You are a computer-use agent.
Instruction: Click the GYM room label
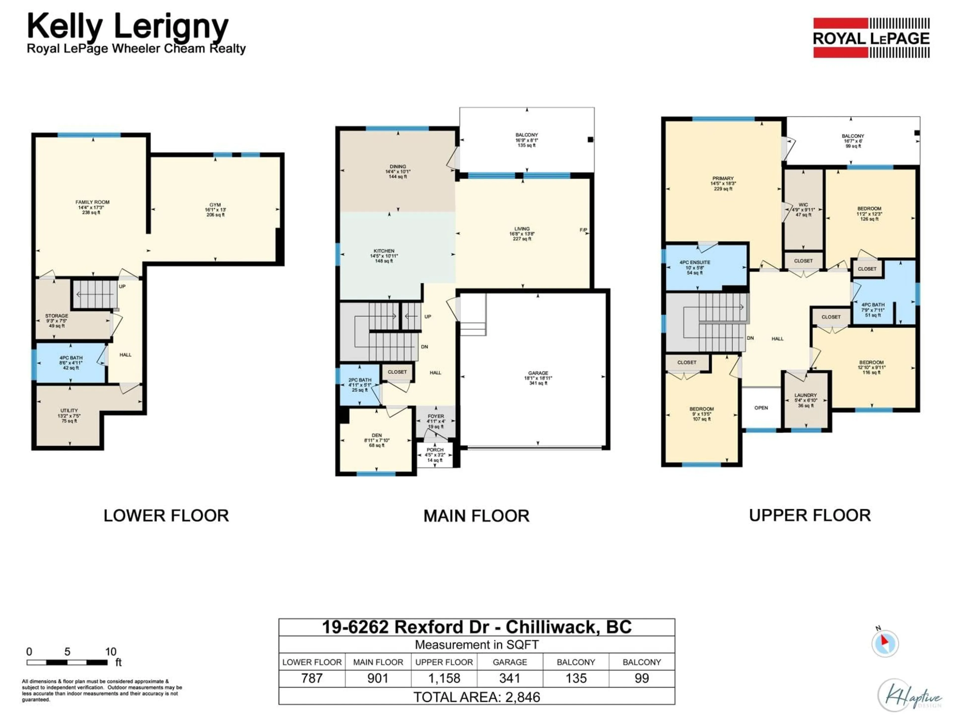coord(215,205)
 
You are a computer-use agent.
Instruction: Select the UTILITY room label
coord(69,411)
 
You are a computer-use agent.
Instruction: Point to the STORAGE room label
coord(56,316)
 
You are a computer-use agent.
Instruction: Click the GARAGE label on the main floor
coord(538,373)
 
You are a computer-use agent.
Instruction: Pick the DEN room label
coord(376,435)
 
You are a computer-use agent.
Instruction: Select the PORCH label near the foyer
coord(435,450)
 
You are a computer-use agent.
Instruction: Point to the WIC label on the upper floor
coord(803,205)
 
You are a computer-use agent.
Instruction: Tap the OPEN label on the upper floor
coord(761,408)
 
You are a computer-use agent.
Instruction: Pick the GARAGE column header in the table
coord(510,662)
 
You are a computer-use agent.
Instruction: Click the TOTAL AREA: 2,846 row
coord(476,697)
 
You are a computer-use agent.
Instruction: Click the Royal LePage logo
coord(871,38)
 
